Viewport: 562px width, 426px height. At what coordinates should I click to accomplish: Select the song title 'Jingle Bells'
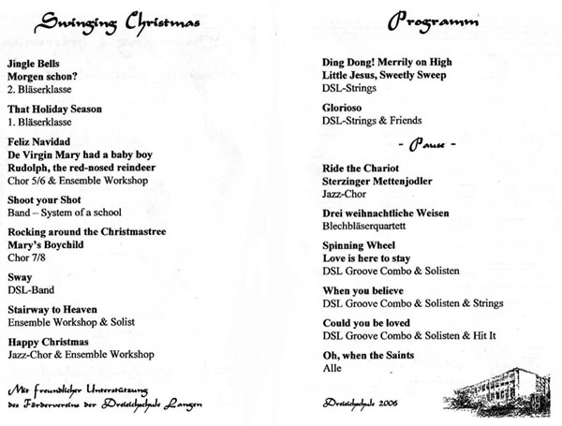(x=33, y=61)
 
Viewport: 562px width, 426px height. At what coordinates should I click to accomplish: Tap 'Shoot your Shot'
(x=44, y=199)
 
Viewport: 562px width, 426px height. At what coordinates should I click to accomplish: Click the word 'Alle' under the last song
(x=332, y=368)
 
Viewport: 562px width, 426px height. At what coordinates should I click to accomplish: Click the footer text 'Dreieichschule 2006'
(x=360, y=404)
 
